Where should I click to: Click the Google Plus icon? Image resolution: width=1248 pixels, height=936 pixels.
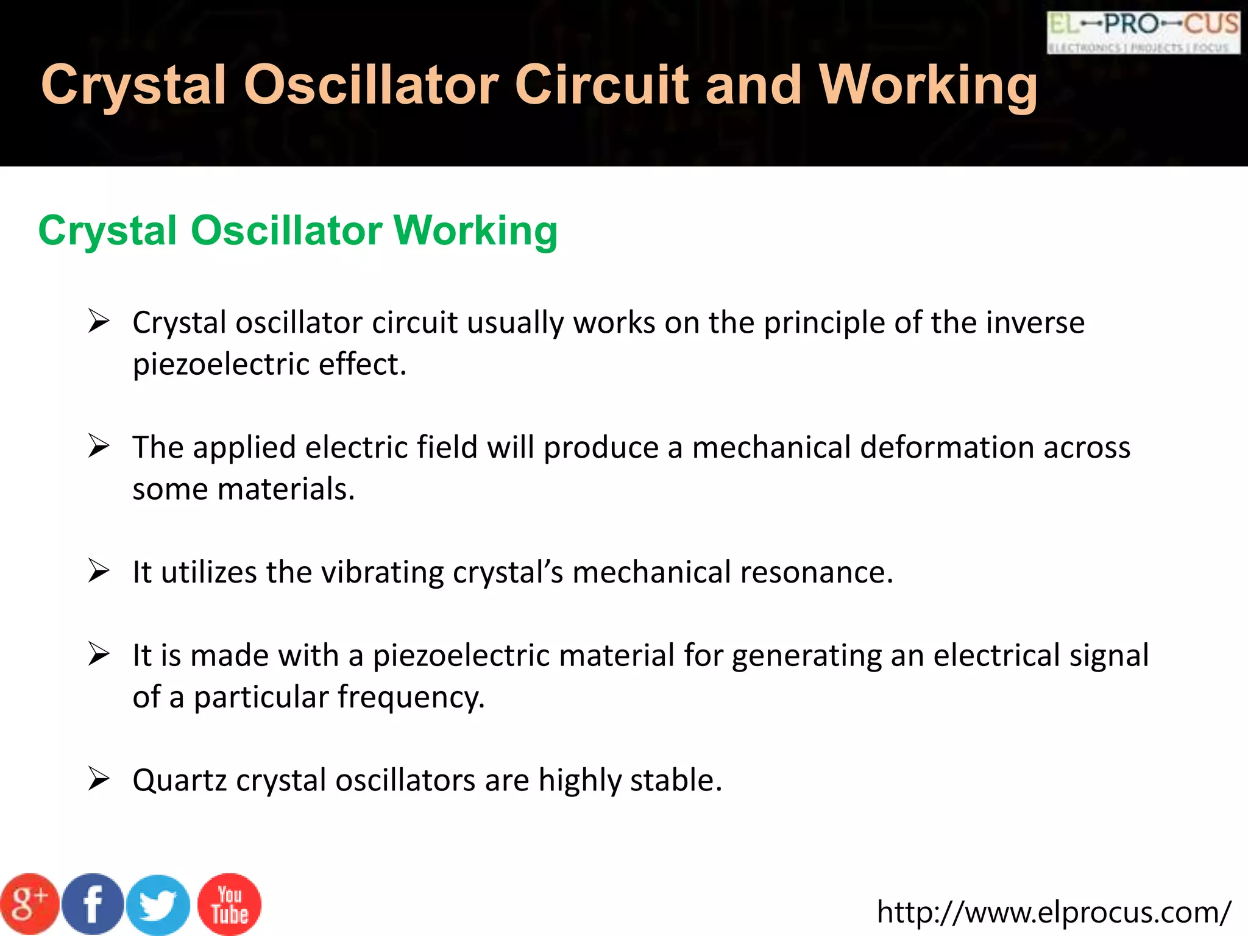click(x=29, y=904)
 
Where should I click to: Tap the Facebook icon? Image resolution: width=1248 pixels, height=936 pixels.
click(x=93, y=904)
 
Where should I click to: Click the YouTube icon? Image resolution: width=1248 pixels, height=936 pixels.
click(x=230, y=904)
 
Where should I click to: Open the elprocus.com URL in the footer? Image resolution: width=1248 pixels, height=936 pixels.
click(x=1054, y=912)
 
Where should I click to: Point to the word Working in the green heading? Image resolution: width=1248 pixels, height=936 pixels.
click(x=475, y=231)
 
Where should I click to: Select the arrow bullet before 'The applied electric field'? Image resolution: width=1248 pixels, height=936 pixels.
click(x=98, y=445)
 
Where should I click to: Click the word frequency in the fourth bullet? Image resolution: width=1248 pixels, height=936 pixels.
click(x=411, y=697)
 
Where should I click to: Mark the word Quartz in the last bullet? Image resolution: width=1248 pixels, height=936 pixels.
click(x=180, y=781)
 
